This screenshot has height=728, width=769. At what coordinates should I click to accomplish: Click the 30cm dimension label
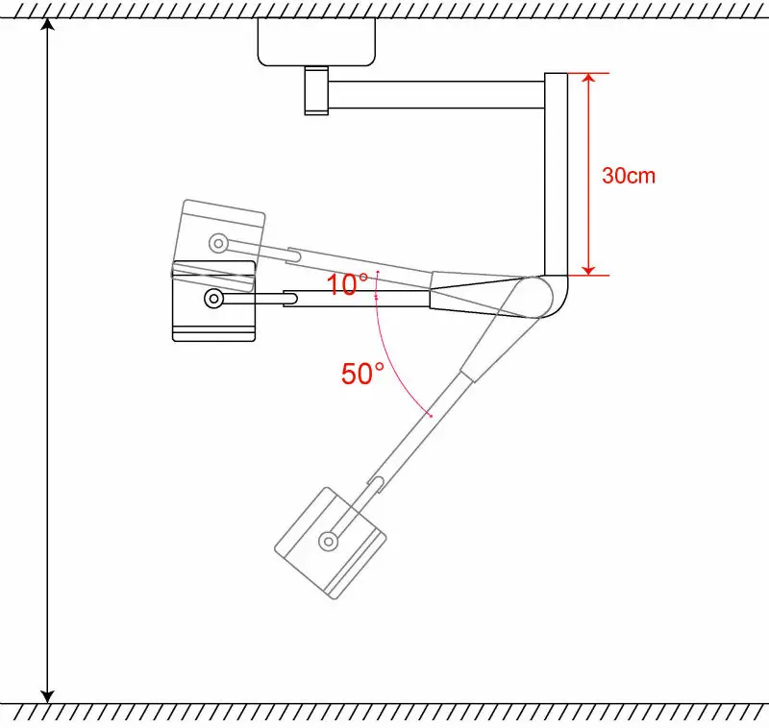(x=628, y=176)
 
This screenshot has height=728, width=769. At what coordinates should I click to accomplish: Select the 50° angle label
(x=362, y=374)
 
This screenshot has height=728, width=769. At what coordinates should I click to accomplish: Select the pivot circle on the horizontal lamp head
(x=212, y=300)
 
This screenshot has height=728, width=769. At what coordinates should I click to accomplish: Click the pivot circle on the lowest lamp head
(x=329, y=541)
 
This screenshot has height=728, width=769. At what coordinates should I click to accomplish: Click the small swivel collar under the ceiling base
(x=315, y=90)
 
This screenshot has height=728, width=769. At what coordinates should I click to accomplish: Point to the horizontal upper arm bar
(x=437, y=94)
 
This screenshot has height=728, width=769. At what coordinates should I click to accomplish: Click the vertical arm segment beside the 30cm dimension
(x=557, y=173)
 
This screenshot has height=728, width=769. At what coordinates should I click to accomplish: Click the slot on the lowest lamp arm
(x=380, y=481)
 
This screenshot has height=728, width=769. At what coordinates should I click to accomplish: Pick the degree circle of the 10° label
(x=363, y=278)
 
